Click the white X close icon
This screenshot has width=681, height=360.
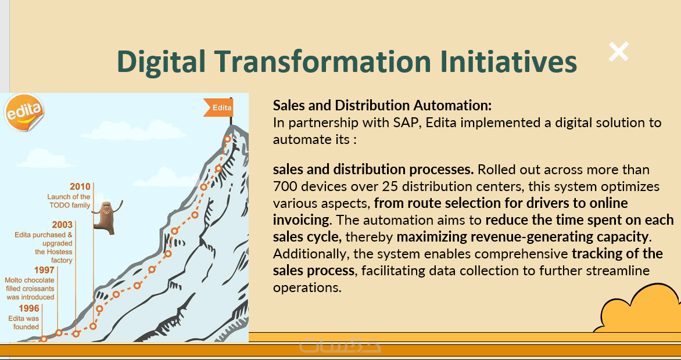[x=618, y=52]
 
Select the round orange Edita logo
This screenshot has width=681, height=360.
[x=24, y=113]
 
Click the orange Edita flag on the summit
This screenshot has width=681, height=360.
[x=218, y=107]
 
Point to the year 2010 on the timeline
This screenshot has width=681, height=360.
[x=80, y=187]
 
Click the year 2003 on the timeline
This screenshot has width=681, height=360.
[x=62, y=225]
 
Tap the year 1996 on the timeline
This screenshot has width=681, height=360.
[x=28, y=308]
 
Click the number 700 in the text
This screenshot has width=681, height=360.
[x=285, y=186]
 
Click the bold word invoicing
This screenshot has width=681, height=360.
[x=301, y=219]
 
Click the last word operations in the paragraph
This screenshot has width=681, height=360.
[x=307, y=287]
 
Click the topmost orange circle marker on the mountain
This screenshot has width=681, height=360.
[x=227, y=139]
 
